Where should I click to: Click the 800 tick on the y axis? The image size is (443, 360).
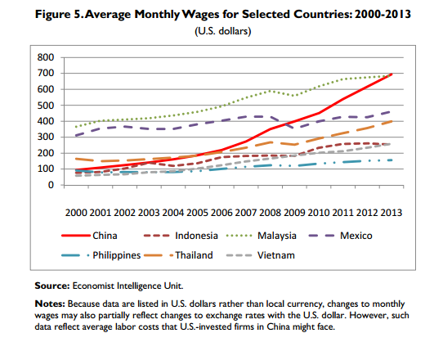click(47, 58)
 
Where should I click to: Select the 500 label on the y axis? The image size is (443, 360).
click(47, 106)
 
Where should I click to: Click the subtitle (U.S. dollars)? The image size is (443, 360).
click(221, 32)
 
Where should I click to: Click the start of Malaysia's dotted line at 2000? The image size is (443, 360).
click(75, 127)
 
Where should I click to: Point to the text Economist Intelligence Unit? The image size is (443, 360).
click(125, 286)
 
